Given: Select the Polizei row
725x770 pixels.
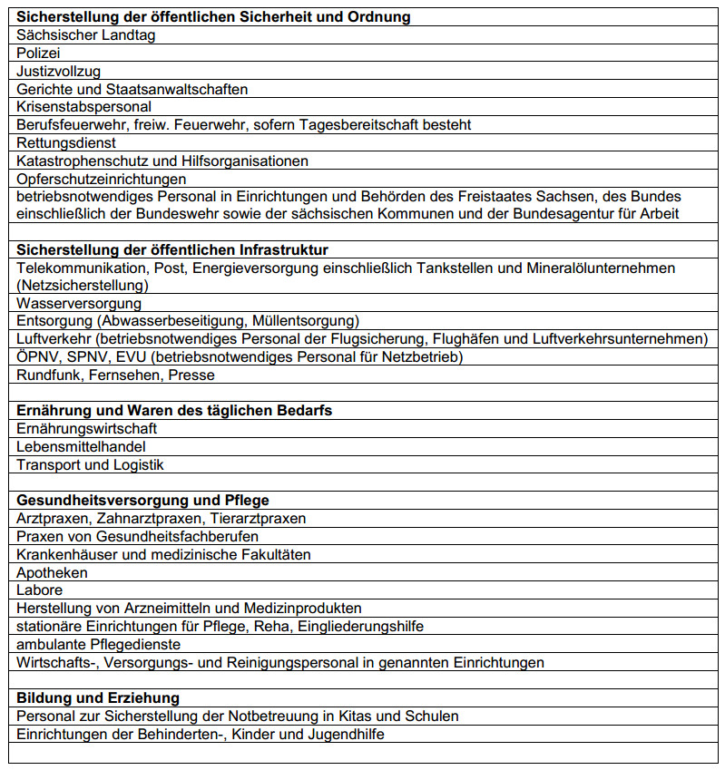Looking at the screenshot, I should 38,54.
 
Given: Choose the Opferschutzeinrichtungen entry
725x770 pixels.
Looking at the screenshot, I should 102,179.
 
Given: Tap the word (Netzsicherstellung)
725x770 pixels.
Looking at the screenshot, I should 83,285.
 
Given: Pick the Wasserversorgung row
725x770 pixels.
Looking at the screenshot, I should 79,303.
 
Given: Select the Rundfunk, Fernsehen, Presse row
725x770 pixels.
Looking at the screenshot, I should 115,375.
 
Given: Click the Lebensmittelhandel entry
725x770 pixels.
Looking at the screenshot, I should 81,446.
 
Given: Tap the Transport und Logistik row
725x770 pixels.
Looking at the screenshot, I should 90,464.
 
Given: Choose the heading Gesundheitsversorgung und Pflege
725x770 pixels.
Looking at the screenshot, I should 142,500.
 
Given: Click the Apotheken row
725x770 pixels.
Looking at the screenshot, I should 52,572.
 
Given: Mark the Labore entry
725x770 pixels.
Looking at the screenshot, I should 39,590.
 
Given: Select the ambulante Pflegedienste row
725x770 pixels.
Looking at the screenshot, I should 99,644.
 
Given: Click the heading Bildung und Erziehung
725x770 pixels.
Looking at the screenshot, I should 98,698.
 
